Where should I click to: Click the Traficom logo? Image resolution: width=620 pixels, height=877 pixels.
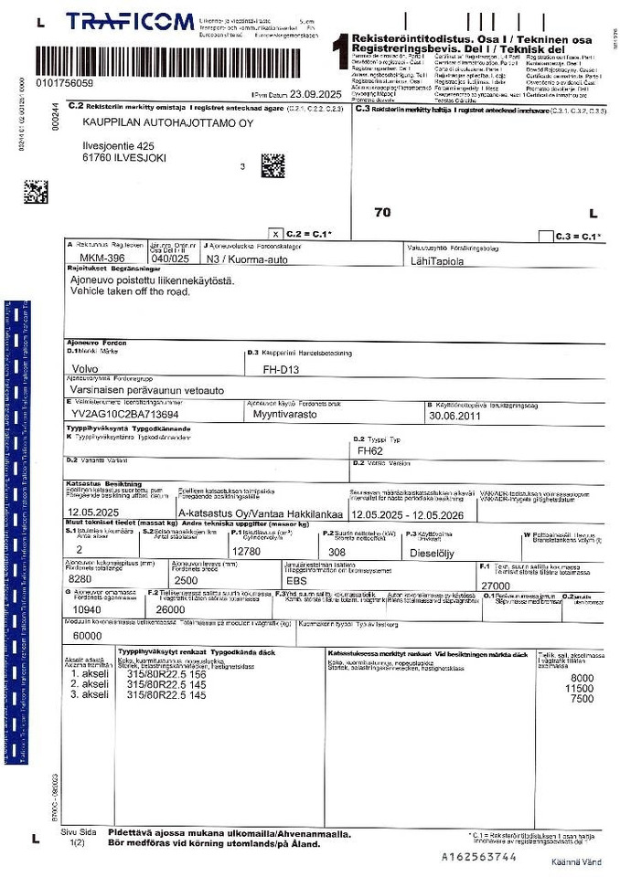point(131,22)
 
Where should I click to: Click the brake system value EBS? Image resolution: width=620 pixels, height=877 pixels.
point(295,580)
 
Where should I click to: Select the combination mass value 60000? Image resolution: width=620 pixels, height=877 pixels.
point(87,635)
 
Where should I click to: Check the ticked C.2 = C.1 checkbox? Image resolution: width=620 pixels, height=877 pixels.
point(276,235)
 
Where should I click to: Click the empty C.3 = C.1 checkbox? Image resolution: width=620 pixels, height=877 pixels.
point(546,236)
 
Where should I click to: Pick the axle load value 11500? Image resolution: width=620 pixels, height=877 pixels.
point(580,688)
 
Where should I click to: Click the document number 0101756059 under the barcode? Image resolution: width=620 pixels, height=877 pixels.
point(64,82)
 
